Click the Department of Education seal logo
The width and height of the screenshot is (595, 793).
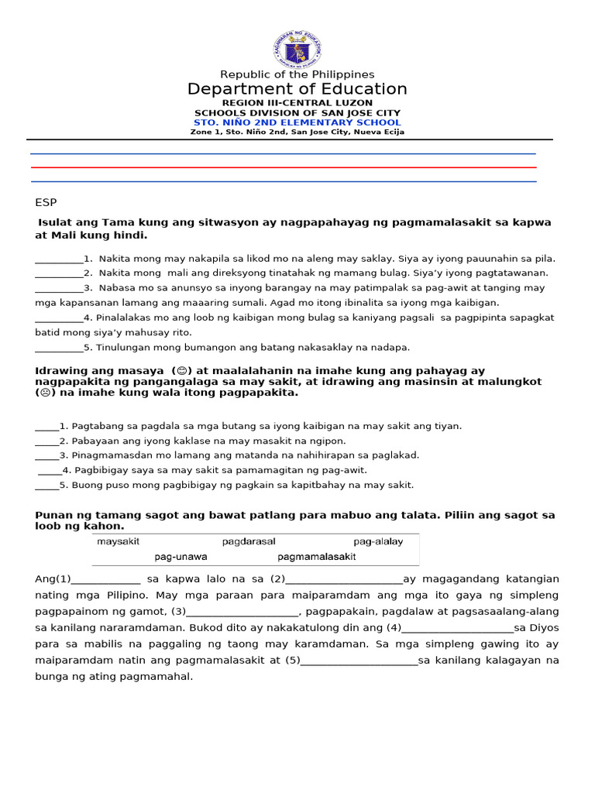click(x=297, y=50)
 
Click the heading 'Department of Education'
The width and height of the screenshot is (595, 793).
click(x=297, y=89)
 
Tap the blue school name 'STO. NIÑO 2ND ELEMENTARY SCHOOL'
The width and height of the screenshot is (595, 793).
click(x=297, y=122)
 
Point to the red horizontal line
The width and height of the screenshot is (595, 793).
click(x=283, y=167)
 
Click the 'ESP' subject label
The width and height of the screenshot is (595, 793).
click(x=46, y=202)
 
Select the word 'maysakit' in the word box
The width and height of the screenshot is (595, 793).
click(x=119, y=541)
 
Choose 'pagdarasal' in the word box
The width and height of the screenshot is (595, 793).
click(x=249, y=541)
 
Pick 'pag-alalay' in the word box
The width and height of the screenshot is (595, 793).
click(x=378, y=541)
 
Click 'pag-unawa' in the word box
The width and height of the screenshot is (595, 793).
click(x=181, y=556)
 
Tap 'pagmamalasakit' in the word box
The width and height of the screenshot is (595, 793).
click(x=317, y=556)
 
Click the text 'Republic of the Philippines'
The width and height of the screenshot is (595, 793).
click(x=297, y=74)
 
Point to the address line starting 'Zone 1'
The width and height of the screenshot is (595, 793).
click(x=297, y=132)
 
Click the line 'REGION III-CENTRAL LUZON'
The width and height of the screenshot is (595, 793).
click(x=297, y=103)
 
